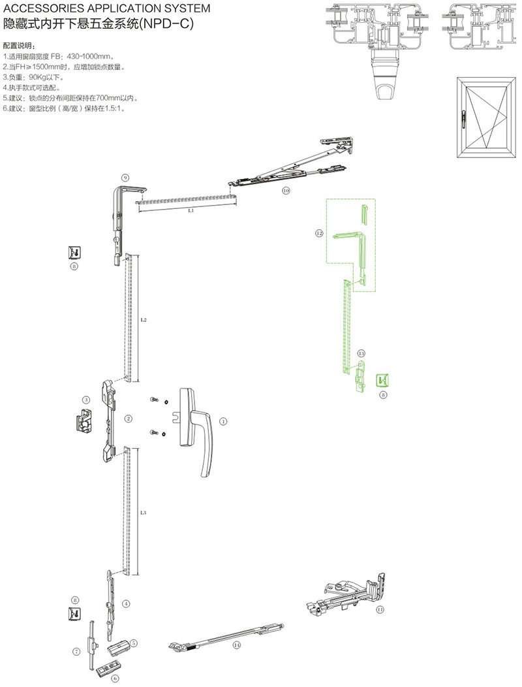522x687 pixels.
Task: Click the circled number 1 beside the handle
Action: click(x=223, y=422)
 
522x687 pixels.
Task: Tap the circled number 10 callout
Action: click(x=286, y=191)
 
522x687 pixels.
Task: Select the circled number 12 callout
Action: click(x=319, y=232)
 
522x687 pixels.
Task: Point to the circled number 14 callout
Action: click(x=236, y=645)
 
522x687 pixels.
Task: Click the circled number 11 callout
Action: click(x=380, y=609)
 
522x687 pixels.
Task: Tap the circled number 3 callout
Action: click(x=85, y=400)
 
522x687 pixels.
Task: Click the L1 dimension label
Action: click(x=191, y=212)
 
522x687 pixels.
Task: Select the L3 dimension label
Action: click(x=143, y=513)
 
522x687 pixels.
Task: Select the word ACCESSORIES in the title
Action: click(x=46, y=9)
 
